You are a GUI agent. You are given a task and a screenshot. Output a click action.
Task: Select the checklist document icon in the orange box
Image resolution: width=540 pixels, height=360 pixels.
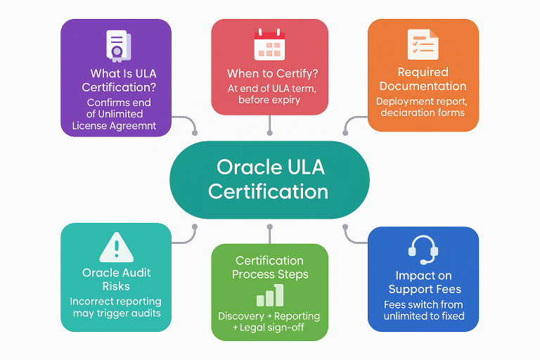point(423,44)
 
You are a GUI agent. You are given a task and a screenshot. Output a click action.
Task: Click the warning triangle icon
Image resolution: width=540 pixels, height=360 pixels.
point(116,247)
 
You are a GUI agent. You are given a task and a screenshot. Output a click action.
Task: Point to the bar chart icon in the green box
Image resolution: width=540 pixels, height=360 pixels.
point(269,296)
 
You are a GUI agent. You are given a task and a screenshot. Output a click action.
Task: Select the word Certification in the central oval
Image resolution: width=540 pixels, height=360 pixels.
point(269,191)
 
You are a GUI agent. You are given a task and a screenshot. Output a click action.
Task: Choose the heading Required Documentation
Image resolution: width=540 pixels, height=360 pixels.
point(423,79)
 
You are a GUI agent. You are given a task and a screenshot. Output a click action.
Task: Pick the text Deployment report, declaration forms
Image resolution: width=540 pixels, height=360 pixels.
point(423,106)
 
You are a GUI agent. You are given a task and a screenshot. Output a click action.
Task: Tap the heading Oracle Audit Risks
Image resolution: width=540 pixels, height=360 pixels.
point(116,280)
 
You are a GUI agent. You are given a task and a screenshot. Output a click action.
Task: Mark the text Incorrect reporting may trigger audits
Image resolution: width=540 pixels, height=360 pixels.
point(116,307)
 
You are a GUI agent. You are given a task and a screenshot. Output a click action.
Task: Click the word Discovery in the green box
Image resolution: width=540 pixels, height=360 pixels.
point(241,316)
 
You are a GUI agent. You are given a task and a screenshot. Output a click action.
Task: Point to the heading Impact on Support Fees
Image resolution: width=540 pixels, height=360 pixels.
point(423,283)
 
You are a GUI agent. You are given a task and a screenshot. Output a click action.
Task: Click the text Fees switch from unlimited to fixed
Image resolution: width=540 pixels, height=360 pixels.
point(423,310)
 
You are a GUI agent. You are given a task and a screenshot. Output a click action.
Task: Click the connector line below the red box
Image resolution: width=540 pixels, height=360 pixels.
point(269,124)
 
